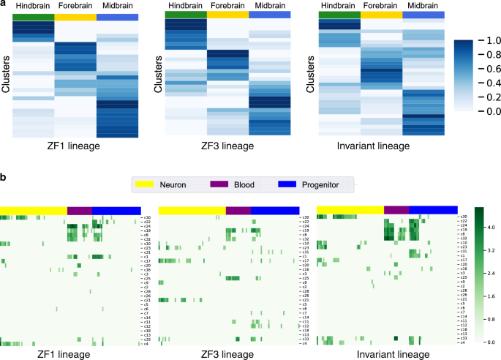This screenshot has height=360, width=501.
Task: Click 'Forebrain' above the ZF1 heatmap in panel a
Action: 75,7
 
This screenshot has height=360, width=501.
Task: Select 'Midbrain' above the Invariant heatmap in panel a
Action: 424,7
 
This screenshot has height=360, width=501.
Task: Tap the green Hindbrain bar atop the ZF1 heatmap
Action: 33,16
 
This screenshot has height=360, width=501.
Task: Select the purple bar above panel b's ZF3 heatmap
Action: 238,211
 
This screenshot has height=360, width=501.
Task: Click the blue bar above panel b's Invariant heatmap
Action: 433,211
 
